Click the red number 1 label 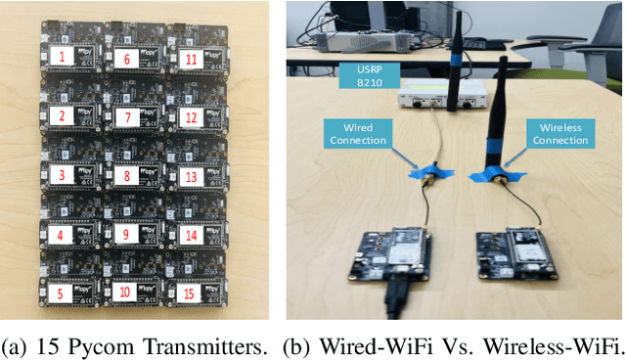[x=63, y=58]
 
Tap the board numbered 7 [x=133, y=119]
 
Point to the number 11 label [x=192, y=59]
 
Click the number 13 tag [x=191, y=177]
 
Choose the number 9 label [x=125, y=234]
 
